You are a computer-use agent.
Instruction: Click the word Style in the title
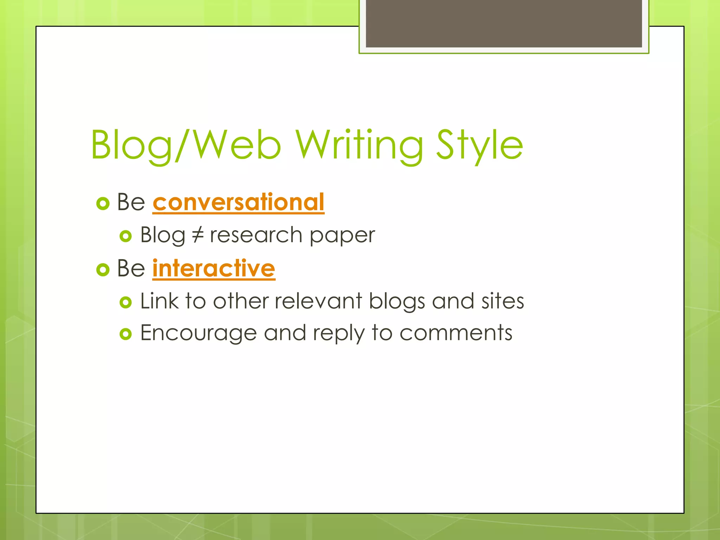click(480, 145)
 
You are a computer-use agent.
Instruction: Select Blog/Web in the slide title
click(186, 145)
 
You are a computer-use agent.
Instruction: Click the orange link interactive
click(214, 269)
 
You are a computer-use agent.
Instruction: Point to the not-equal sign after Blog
click(198, 235)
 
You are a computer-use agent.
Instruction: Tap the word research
click(256, 235)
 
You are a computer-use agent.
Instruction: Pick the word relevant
click(318, 301)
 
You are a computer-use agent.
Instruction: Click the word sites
click(502, 301)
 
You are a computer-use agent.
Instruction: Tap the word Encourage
click(198, 333)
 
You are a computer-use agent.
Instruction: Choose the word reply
click(339, 333)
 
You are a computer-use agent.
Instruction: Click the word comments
click(456, 333)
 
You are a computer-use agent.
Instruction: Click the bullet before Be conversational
click(103, 204)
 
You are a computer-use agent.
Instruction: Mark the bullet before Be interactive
click(103, 270)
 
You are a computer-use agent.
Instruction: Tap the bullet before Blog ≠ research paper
click(126, 236)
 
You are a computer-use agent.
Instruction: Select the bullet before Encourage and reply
click(126, 334)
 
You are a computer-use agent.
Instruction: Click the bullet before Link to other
click(126, 302)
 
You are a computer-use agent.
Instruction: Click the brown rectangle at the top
click(504, 23)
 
